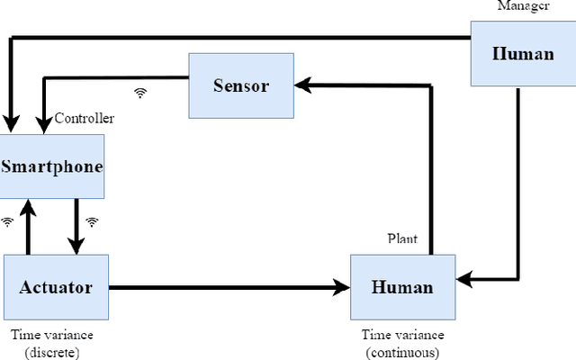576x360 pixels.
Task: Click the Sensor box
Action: click(x=241, y=85)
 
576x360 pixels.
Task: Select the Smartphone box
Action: click(x=51, y=166)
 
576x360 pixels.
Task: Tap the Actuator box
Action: click(x=56, y=287)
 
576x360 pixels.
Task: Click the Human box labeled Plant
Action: click(x=402, y=287)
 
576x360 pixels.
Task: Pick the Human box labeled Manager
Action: click(x=523, y=53)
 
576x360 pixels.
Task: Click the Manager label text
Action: click(x=524, y=6)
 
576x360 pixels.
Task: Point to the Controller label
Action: click(x=85, y=118)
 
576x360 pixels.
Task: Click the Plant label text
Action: click(x=401, y=238)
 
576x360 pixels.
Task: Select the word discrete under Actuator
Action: click(x=51, y=351)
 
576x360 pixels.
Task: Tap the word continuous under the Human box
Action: click(x=402, y=351)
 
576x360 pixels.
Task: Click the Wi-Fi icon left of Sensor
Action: click(x=140, y=92)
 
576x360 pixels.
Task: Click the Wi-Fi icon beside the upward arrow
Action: click(x=8, y=220)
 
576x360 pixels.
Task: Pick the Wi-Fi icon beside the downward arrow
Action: click(x=92, y=220)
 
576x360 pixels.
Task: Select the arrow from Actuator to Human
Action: click(x=229, y=287)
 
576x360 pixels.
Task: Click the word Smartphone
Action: click(x=51, y=166)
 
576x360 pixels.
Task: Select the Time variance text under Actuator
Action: click(x=51, y=335)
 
